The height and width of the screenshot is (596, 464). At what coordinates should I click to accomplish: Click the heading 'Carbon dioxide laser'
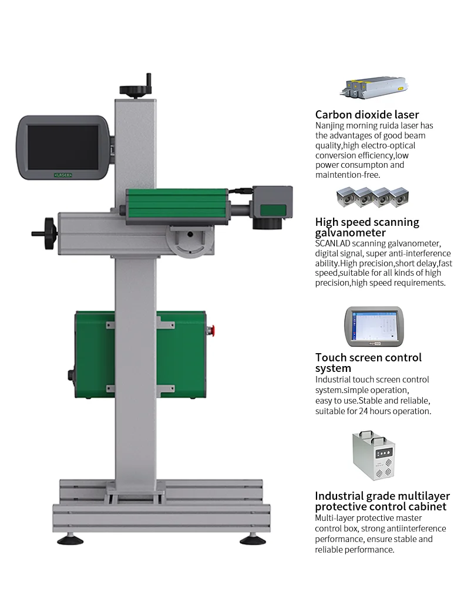367,115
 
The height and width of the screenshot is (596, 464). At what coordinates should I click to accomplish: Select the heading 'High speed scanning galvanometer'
367,227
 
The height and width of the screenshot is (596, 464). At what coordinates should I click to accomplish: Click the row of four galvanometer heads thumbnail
372,198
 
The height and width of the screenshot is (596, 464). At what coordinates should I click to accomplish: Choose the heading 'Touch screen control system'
368,363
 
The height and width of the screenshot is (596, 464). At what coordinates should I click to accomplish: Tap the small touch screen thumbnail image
374,326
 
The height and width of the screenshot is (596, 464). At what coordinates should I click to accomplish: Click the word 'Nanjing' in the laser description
330,126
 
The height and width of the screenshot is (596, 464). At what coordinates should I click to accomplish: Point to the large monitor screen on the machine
63,147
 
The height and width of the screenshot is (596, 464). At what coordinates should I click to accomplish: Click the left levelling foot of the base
70,539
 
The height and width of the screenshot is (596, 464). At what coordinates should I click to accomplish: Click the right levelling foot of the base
256,539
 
